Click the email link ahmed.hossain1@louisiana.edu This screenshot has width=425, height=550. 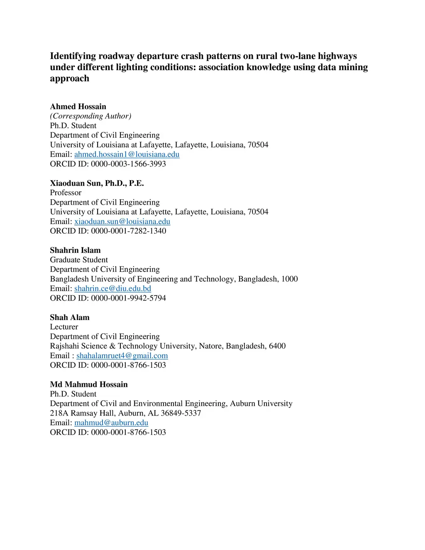point(127,154)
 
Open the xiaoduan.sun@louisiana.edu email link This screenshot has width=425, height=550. point(122,222)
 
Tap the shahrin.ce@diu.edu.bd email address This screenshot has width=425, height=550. point(112,288)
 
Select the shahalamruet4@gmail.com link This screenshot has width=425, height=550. point(122,356)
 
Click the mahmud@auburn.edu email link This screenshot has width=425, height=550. point(111,423)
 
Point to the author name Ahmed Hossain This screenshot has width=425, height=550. point(78,107)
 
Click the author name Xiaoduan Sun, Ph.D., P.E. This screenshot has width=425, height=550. point(97,183)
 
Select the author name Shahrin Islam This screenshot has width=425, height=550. point(75,250)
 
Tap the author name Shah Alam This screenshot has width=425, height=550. point(70,318)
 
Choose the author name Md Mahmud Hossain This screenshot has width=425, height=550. point(89,384)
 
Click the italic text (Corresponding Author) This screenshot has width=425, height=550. point(90,116)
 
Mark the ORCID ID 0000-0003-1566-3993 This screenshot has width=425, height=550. point(128,164)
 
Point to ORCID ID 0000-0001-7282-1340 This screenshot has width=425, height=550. point(128,231)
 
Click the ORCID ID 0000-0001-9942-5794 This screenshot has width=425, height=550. point(128,298)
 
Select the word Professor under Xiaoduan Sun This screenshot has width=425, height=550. point(66,193)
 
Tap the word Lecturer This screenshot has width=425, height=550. point(64,327)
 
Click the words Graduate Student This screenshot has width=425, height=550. point(79,260)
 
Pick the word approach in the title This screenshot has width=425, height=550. point(69,78)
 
